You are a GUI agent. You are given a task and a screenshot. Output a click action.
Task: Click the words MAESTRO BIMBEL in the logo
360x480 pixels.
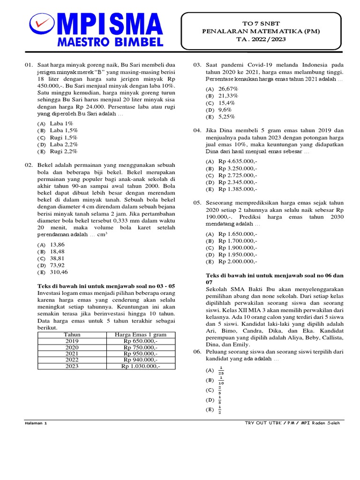tap(110, 42)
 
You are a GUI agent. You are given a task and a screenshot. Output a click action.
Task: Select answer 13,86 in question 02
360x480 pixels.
tap(57, 245)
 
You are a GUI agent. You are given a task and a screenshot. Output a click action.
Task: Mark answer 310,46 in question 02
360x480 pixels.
tap(59, 272)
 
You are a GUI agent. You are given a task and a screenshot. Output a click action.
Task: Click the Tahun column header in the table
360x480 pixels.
tap(72, 335)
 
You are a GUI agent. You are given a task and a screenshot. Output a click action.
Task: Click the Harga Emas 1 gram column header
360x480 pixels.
tap(141, 335)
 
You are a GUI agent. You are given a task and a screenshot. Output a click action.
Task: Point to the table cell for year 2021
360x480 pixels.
tap(72, 354)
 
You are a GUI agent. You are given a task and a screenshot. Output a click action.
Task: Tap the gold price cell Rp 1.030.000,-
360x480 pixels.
tap(141, 367)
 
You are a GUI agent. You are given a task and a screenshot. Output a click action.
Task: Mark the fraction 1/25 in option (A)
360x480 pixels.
tap(221, 370)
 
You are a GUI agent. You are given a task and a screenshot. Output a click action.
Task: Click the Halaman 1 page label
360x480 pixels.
tap(36, 423)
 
